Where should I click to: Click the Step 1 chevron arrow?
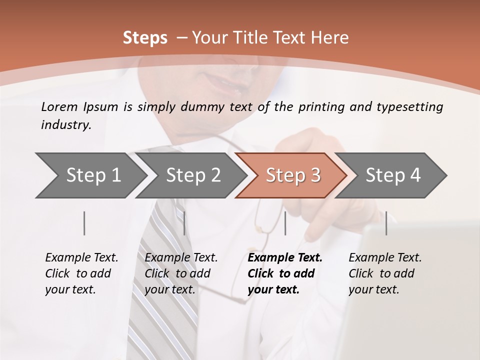[x=92, y=175]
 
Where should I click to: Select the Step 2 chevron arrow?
[x=192, y=175]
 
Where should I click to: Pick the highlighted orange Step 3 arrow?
[x=292, y=175]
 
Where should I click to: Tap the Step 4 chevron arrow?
[x=392, y=175]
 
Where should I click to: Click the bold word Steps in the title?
[x=145, y=38]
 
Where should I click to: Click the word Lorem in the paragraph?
[x=59, y=107]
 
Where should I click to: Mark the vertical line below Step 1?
[x=84, y=223]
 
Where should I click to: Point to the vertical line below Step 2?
[x=184, y=223]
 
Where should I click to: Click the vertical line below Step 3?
[x=285, y=223]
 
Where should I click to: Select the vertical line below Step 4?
[x=386, y=223]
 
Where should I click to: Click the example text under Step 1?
[x=81, y=273]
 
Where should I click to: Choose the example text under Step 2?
[x=181, y=273]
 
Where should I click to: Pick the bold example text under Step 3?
[x=284, y=273]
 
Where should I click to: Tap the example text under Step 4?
[x=385, y=273]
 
